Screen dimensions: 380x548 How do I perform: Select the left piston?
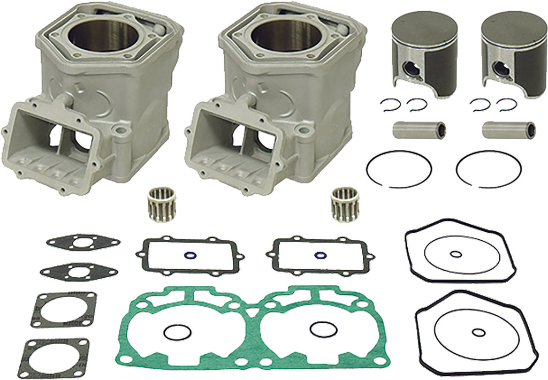(x=421, y=54)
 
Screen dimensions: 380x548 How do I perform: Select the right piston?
(x=511, y=54)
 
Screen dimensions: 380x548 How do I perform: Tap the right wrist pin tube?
(x=508, y=130)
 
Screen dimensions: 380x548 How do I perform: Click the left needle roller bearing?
(x=161, y=203)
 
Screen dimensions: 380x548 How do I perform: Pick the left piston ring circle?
(x=399, y=169)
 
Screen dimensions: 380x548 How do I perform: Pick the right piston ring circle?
(x=489, y=169)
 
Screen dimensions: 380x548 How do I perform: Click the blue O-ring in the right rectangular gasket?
(x=320, y=255)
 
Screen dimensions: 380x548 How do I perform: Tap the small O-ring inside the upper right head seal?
(x=455, y=254)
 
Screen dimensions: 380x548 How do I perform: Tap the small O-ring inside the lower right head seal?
(x=475, y=333)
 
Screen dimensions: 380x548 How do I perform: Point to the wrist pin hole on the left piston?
(x=411, y=69)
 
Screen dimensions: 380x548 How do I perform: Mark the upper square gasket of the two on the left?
(x=63, y=309)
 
